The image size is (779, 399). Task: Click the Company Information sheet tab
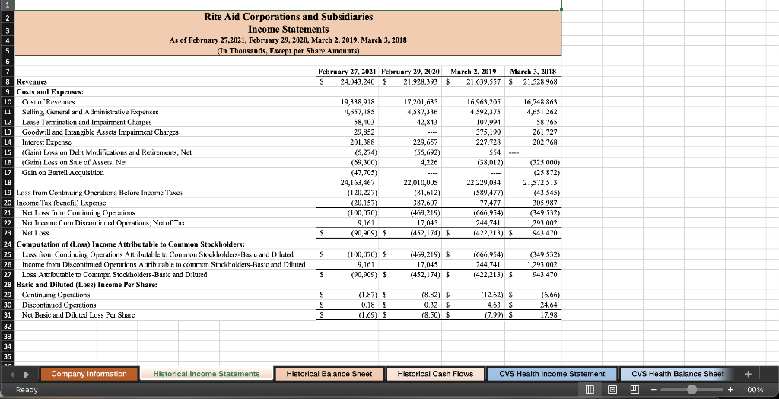89,373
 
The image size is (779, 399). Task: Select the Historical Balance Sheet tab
329,373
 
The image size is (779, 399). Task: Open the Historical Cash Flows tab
435,373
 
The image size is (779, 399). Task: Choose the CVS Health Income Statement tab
552,373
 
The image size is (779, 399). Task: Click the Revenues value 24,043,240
347,81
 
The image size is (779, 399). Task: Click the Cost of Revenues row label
44,101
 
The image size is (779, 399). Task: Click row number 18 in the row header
8,182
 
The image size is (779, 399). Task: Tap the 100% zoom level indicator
753,389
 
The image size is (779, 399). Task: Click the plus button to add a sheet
750,373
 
